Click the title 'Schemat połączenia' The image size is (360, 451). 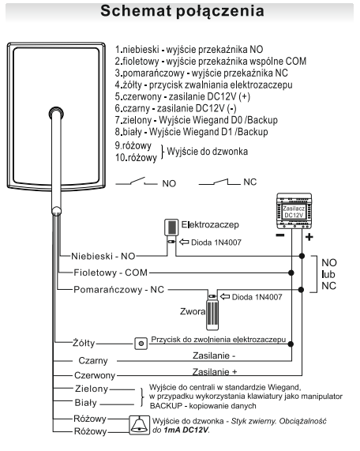(182, 11)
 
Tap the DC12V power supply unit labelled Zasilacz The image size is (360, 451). (294, 211)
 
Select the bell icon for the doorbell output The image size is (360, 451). (140, 425)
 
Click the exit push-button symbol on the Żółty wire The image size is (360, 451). (141, 344)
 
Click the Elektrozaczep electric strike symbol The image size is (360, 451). (171, 227)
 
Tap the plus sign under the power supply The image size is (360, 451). (309, 237)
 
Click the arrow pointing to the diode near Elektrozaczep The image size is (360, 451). (184, 242)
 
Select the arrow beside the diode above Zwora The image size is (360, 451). (225, 296)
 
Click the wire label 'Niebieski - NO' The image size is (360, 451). (103, 256)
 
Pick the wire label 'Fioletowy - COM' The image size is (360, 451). (111, 272)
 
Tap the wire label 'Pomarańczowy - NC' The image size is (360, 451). (118, 289)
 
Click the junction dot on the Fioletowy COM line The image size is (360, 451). (291, 272)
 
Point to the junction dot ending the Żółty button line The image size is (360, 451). (291, 344)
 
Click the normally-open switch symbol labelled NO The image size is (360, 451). (137, 182)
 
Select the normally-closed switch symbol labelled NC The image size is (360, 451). (219, 182)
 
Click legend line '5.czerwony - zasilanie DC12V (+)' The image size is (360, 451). (182, 96)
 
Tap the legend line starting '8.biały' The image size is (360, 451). (191, 132)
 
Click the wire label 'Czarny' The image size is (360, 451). (93, 361)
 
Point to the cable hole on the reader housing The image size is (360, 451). (56, 113)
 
